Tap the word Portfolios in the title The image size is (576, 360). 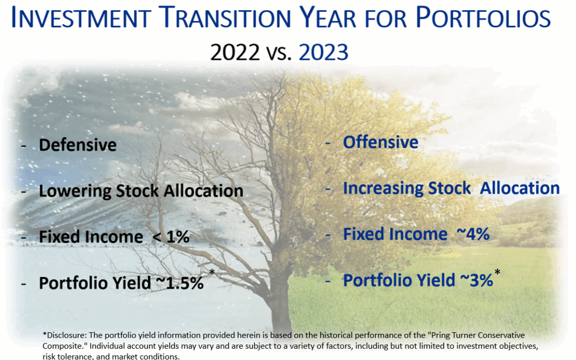[x=483, y=17]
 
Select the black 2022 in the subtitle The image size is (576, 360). [x=235, y=52]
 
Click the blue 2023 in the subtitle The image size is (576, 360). [x=323, y=52]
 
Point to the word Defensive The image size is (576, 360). [x=77, y=145]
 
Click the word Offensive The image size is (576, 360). [x=381, y=142]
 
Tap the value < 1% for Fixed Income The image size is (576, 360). [x=171, y=237]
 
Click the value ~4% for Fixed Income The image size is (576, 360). [x=473, y=234]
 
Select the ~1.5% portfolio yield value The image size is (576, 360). [x=180, y=283]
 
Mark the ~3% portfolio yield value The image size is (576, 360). [x=476, y=281]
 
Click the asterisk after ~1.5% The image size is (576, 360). [x=212, y=273]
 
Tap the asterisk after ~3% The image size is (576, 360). [x=497, y=273]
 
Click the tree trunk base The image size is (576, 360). [x=281, y=323]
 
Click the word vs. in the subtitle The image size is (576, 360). [x=279, y=53]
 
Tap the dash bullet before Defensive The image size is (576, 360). [x=24, y=146]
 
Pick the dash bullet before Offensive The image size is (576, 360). [x=328, y=143]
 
